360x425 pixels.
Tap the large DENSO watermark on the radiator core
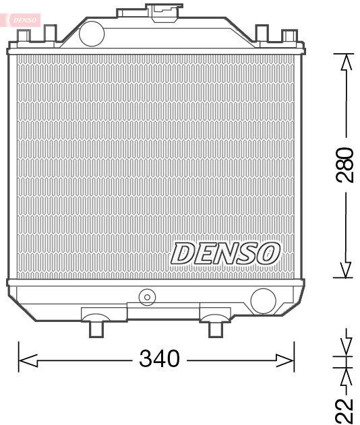pos(224,254)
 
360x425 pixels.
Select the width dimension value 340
pos(159,359)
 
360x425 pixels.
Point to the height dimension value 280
pos(344,165)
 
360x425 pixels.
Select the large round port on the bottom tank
pos(262,300)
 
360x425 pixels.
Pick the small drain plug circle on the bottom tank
pos(146,296)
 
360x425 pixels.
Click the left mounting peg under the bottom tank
pos(96,329)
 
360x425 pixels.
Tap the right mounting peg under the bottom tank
pos(215,329)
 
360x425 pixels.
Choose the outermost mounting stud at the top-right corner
pos(289,35)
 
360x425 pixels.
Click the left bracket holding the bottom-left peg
pos(103,314)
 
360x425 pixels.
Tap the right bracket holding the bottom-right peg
pos(215,313)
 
